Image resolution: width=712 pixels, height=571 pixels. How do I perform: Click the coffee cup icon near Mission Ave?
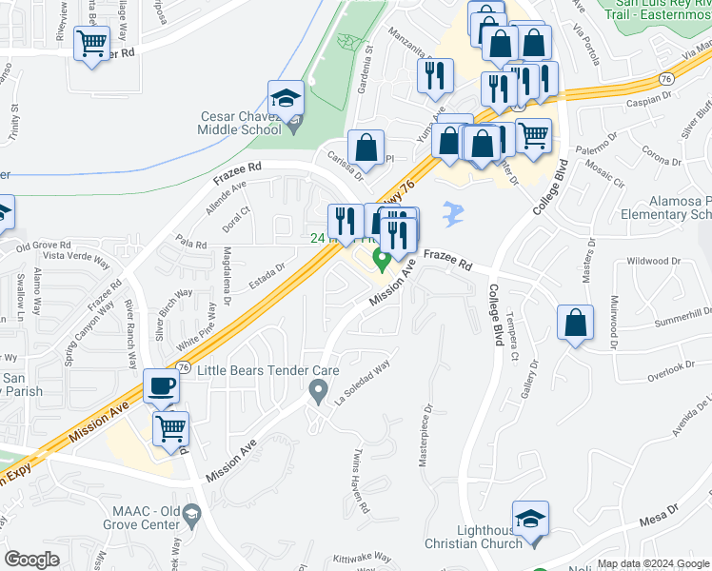click(160, 387)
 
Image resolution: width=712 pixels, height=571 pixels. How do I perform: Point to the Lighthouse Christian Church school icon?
click(531, 519)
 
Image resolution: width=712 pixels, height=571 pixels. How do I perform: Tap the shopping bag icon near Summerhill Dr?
click(576, 323)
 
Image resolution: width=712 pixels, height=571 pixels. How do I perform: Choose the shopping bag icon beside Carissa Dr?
click(366, 148)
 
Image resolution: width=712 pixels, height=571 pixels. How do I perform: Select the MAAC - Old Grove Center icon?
click(192, 516)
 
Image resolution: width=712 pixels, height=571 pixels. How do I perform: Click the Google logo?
click(32, 560)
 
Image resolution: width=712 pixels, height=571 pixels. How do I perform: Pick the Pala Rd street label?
click(190, 244)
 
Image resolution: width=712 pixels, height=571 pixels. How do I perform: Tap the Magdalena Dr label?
click(226, 275)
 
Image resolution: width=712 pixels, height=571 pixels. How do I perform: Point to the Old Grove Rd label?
click(37, 246)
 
